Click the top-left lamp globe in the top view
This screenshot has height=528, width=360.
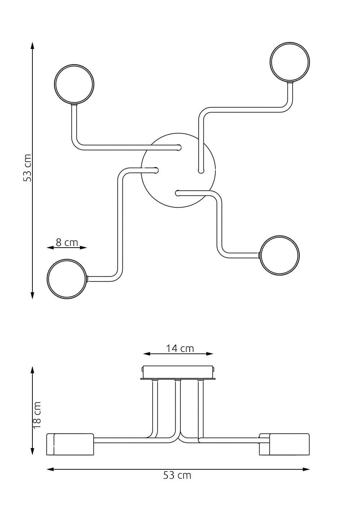(74, 84)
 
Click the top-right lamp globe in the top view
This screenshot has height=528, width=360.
(290, 62)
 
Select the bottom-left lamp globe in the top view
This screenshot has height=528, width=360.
(67, 278)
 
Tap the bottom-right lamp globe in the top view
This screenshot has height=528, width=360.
(280, 256)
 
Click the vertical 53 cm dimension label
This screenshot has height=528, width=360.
(27, 168)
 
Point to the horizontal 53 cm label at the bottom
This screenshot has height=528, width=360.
(177, 475)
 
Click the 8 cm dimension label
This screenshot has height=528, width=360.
(67, 242)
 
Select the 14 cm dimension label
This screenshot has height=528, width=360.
(180, 348)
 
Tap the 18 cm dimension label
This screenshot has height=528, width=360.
(37, 415)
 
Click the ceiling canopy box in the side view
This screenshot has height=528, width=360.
(178, 372)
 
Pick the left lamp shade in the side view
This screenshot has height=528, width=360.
(70, 444)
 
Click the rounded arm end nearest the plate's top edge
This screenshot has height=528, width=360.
(179, 147)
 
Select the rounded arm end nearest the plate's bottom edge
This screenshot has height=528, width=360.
(177, 193)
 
